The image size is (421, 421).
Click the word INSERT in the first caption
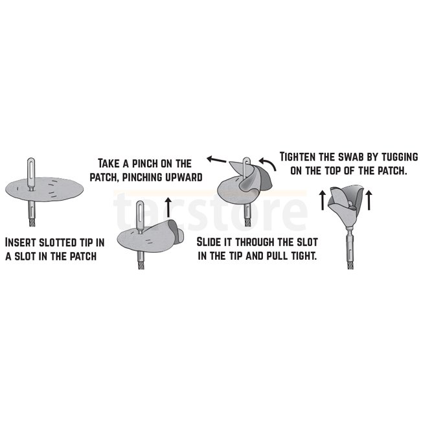21,242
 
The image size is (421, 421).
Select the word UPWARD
184,177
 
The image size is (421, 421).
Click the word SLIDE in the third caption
209,242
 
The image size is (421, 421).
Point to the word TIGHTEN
299,157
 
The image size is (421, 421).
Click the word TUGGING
399,157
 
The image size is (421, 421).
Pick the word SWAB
350,157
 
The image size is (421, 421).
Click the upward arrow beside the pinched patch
168,207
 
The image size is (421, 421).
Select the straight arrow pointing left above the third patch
217,160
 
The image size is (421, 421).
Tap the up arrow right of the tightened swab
369,200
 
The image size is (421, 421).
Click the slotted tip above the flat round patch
31,174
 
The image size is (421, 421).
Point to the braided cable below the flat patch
32,222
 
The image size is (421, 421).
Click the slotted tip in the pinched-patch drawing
140,216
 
